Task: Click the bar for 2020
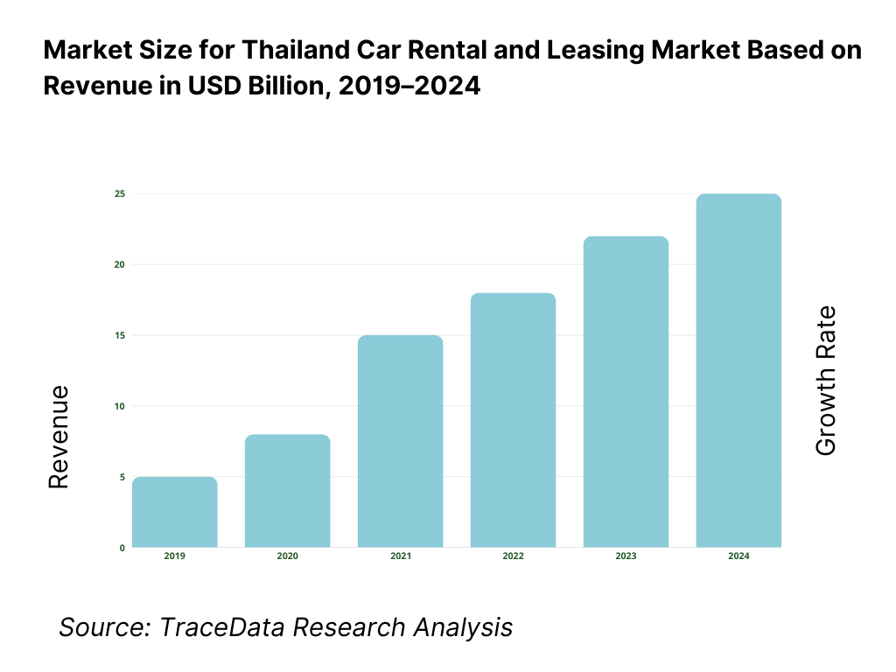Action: [x=288, y=491]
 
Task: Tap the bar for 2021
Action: [x=401, y=441]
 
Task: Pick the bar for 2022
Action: [x=513, y=420]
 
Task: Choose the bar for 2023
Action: [x=626, y=392]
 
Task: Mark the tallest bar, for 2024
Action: [x=738, y=370]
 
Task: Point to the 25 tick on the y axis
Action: [x=119, y=193]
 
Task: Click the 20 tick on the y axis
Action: [x=119, y=264]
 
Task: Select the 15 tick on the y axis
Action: [x=119, y=335]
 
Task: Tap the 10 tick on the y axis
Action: [x=119, y=406]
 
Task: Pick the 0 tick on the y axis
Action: [x=122, y=548]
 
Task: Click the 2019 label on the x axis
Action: [x=175, y=557]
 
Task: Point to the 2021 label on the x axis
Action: [x=401, y=557]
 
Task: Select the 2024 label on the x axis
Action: [x=738, y=557]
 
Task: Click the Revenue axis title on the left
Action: [x=58, y=437]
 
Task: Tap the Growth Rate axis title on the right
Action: [x=825, y=381]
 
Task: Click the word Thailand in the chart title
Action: [x=284, y=50]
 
